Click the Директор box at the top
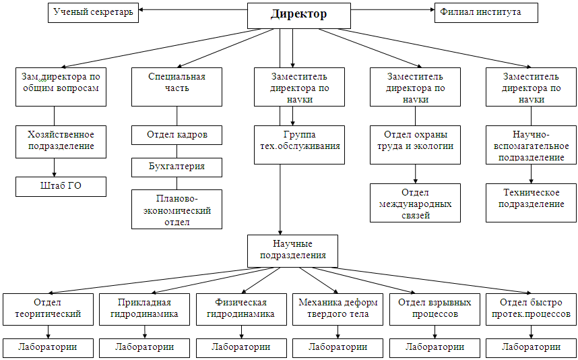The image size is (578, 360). click(299, 15)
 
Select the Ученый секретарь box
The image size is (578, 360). click(93, 12)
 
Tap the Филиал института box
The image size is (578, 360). click(486, 12)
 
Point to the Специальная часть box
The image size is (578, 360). click(176, 86)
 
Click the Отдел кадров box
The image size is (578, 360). click(176, 135)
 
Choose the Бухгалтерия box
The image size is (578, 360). click(176, 167)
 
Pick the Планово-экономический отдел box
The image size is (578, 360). click(176, 210)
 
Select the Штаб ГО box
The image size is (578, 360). click(61, 186)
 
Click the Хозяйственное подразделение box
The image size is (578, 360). click(61, 141)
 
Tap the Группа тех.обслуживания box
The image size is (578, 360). click(299, 141)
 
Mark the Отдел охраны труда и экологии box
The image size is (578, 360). click(415, 141)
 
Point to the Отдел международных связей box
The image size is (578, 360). click(415, 202)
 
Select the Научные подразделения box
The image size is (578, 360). click(293, 249)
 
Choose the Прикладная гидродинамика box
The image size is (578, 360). click(145, 308)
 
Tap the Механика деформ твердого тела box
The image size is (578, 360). click(338, 308)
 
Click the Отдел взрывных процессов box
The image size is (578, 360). click(435, 308)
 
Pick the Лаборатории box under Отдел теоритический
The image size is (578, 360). click(48, 347)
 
